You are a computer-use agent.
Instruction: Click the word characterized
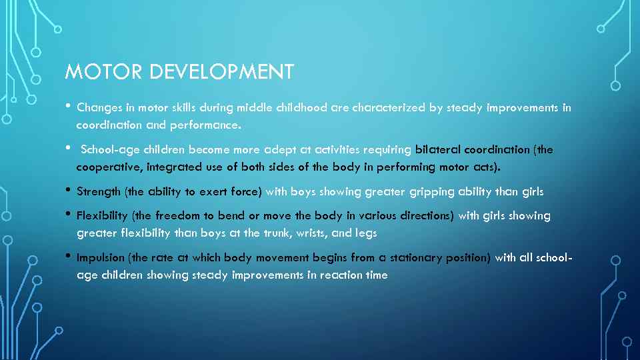[x=389, y=107]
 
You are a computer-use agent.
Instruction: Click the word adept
[x=285, y=149]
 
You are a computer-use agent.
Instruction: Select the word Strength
[x=99, y=192]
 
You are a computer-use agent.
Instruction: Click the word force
[x=245, y=192]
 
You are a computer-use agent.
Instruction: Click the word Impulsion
[x=101, y=258]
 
